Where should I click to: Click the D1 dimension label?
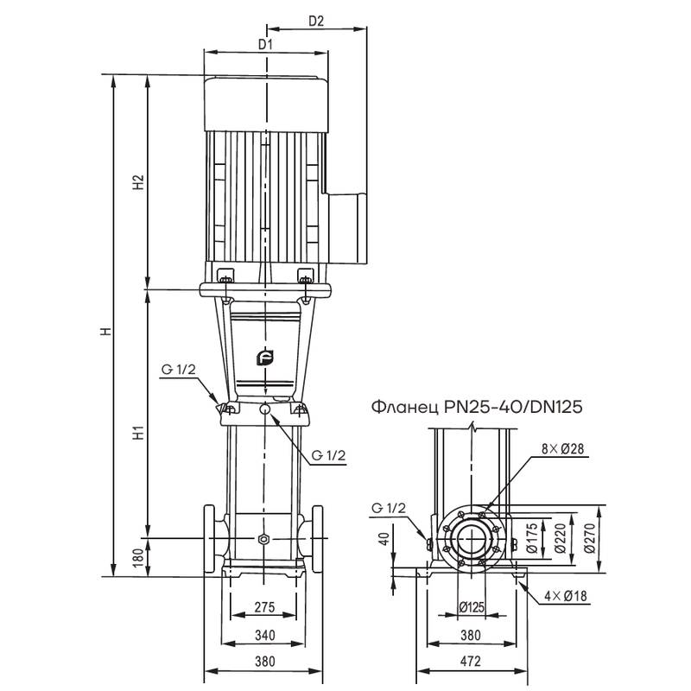[x=265, y=42]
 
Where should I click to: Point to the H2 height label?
[x=136, y=183]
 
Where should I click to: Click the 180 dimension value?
[x=137, y=558]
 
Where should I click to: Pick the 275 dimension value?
[x=265, y=608]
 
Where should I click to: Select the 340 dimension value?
[x=265, y=636]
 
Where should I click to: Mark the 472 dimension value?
[x=471, y=662]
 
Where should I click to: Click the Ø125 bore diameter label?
[x=471, y=607]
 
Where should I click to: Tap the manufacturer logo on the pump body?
[x=265, y=358]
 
